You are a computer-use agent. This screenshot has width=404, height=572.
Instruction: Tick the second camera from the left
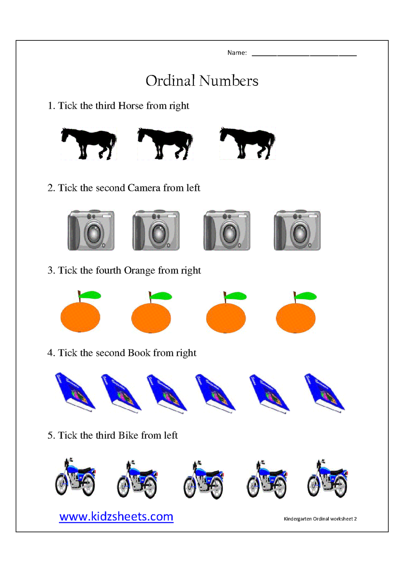[156, 230]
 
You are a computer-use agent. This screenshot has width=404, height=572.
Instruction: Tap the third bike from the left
[203, 480]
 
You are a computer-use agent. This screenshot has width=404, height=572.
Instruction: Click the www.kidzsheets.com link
[116, 517]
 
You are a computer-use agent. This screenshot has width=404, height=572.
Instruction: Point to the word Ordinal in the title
[170, 81]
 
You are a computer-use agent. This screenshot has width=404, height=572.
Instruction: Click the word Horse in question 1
[131, 106]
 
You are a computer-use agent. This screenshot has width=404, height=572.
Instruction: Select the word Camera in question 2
[144, 188]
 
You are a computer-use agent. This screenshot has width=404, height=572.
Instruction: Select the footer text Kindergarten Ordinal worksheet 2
[320, 519]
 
